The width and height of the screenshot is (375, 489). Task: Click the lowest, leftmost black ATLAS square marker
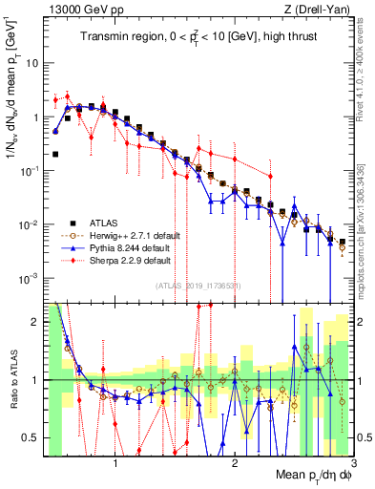(55, 153)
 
